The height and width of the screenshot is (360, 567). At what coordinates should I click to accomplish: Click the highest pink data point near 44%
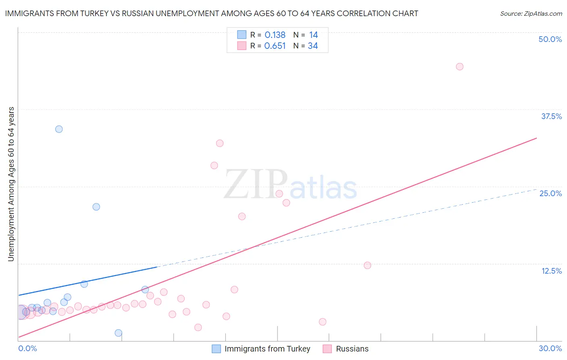tap(459, 67)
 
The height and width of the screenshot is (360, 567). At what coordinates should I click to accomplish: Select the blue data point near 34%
tap(59, 129)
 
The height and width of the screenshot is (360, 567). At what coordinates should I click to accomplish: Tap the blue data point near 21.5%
tap(96, 207)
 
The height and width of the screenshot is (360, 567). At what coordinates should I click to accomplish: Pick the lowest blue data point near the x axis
tap(118, 333)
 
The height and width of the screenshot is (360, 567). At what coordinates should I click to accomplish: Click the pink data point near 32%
tap(219, 143)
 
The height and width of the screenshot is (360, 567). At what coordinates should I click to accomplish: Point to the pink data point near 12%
tap(367, 265)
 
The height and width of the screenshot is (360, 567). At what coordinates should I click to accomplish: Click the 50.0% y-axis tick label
tap(550, 39)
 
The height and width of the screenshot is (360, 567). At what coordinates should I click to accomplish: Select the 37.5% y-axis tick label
tap(551, 116)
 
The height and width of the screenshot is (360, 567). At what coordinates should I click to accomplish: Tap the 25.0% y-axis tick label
tap(550, 193)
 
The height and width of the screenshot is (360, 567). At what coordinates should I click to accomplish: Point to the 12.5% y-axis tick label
tap(551, 271)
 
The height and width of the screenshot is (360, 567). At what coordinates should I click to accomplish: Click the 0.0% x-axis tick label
tap(27, 348)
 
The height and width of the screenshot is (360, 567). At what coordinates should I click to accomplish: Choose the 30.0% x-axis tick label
tap(550, 348)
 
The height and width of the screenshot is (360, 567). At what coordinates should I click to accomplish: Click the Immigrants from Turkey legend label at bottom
tap(267, 349)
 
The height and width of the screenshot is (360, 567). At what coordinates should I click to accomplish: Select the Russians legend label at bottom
tap(352, 349)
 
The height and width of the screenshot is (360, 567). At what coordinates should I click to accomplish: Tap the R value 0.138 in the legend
tap(275, 35)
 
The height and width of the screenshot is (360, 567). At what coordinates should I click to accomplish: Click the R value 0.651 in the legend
tap(275, 46)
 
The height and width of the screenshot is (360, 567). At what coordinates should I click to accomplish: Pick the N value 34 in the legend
tap(313, 46)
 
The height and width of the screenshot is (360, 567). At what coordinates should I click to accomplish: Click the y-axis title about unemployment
tap(11, 184)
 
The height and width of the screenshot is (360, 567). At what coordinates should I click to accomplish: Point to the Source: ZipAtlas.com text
tap(531, 14)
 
